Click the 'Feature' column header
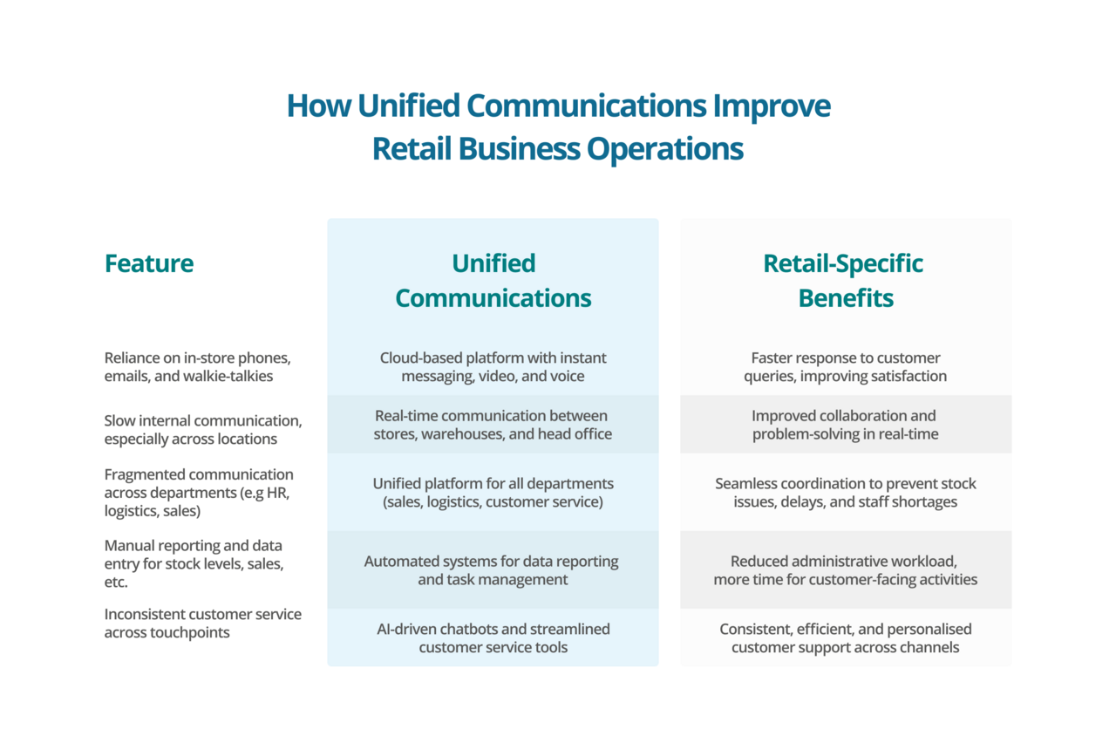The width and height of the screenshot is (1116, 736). coord(149,263)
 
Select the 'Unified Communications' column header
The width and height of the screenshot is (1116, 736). coord(493,281)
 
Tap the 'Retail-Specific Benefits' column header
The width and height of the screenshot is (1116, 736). coord(845,281)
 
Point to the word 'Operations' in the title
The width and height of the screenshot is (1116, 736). coord(664,148)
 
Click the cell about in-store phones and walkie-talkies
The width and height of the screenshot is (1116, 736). coord(197,367)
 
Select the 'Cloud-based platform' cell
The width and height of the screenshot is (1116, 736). coord(493,367)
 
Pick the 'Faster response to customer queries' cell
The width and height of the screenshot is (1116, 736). coord(845,367)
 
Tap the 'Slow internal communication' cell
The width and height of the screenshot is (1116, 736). coord(203,430)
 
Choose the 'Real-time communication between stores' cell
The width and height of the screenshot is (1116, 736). coord(493,425)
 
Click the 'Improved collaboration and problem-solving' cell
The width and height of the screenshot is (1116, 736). coord(845,425)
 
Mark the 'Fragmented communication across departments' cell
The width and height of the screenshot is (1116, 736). coord(199,493)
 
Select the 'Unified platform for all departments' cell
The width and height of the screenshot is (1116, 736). coord(493,493)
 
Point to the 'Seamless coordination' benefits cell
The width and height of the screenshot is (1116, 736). coord(845,493)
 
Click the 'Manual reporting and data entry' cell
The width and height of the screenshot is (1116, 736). coord(194,563)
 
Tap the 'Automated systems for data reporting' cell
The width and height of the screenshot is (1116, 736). coord(493,570)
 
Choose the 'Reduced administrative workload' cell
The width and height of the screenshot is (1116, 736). coord(845,570)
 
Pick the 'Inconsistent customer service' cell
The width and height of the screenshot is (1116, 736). coord(203,624)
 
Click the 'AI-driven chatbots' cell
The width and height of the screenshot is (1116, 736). coord(493,637)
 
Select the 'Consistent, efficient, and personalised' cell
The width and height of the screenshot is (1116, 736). coord(845,637)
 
